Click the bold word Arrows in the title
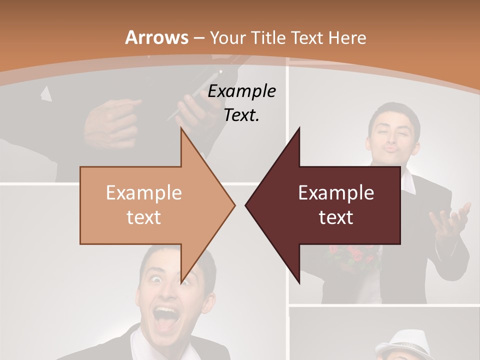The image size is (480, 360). (157, 37)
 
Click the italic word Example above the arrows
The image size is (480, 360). (241, 91)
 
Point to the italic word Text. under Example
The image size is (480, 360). (241, 115)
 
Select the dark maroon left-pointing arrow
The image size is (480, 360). (330, 205)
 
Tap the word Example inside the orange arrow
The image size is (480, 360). (144, 193)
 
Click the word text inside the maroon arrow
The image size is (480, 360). (336, 217)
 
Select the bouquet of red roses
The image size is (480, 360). (352, 256)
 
